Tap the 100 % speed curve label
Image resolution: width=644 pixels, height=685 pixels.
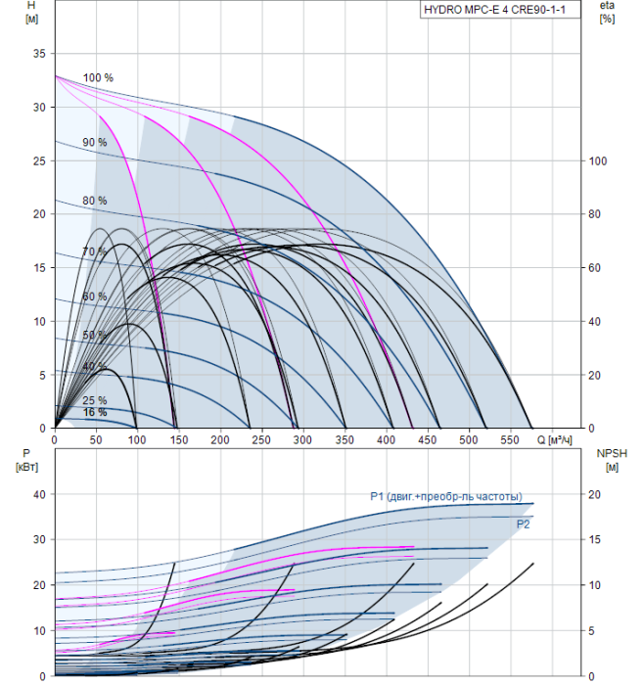(x=98, y=77)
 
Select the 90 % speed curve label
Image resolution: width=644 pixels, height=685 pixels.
(x=95, y=143)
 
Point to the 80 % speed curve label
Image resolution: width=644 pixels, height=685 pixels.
(x=95, y=201)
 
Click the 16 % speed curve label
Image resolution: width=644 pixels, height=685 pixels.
(x=95, y=413)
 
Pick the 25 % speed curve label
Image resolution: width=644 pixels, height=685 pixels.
(x=95, y=400)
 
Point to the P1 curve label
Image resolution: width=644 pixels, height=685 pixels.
(x=446, y=496)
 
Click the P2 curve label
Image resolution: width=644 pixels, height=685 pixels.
(x=524, y=525)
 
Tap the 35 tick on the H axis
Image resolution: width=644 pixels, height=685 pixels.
(x=38, y=54)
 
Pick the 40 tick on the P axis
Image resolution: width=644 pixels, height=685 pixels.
(x=38, y=494)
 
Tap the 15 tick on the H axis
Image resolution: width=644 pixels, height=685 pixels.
(x=38, y=267)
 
